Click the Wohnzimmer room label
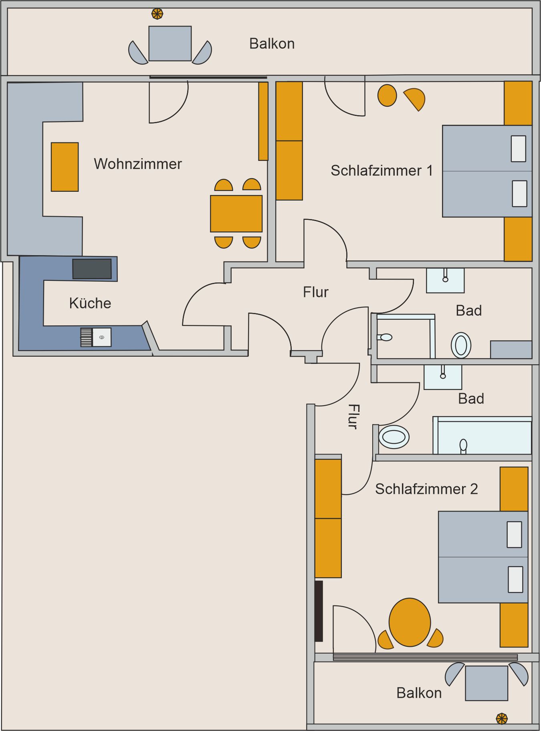tap(138, 164)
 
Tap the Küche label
tap(90, 303)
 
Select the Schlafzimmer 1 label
tap(382, 171)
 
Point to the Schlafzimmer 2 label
tap(426, 489)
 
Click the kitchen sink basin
tap(102, 337)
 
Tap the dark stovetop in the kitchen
tap(92, 269)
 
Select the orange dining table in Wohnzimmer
tap(236, 213)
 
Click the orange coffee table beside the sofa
tap(65, 167)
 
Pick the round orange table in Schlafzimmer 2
tap(410, 622)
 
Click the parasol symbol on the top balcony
tap(157, 14)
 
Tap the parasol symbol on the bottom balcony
tap(502, 719)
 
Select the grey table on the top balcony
tap(170, 44)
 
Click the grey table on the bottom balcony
tap(486, 683)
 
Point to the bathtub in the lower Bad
tap(482, 436)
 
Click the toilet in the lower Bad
tap(394, 437)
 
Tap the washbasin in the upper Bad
tap(445, 280)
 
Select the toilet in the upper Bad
tap(461, 345)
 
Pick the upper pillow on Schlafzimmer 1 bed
tap(519, 149)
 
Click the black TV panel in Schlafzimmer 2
tap(319, 611)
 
